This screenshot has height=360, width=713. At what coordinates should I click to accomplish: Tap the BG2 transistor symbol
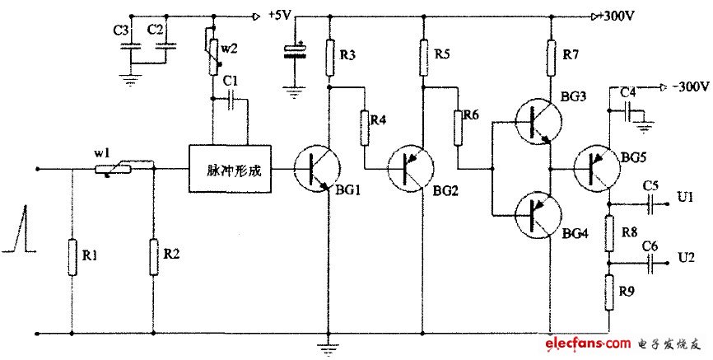pos(412,169)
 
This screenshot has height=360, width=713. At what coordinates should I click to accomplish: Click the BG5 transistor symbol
pos(599,169)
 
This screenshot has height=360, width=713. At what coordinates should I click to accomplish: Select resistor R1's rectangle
pos(71,259)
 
